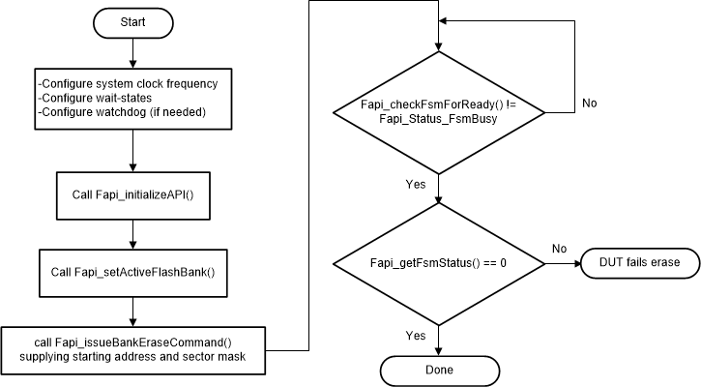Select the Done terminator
[440, 371]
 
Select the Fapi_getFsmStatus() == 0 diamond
[440, 262]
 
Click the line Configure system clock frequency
[129, 84]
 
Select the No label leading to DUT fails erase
[559, 248]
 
